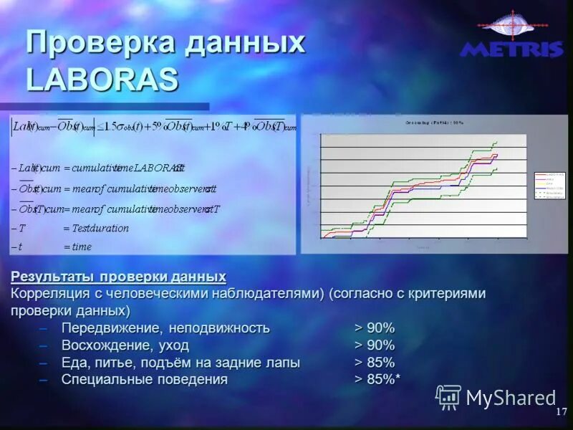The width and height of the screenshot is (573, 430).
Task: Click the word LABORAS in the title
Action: pyautogui.click(x=102, y=79)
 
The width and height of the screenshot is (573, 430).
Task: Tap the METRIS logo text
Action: pyautogui.click(x=511, y=49)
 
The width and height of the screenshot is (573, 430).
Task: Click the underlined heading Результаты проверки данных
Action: pyautogui.click(x=118, y=277)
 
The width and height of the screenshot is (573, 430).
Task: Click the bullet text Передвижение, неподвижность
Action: pyautogui.click(x=165, y=328)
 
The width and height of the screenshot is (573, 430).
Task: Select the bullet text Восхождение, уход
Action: pyautogui.click(x=125, y=345)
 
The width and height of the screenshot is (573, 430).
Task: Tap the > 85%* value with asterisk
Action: pyautogui.click(x=377, y=380)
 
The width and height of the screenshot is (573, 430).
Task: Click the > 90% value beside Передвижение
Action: pyautogui.click(x=375, y=328)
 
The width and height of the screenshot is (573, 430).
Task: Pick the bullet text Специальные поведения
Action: pyautogui.click(x=145, y=380)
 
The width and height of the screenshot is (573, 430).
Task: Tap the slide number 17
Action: pyautogui.click(x=561, y=412)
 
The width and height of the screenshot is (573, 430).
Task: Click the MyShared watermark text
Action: pyautogui.click(x=511, y=398)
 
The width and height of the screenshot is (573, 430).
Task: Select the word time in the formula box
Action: pyautogui.click(x=82, y=247)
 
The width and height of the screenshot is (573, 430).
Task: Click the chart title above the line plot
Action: pyautogui.click(x=435, y=123)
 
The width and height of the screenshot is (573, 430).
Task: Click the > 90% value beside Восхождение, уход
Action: pyautogui.click(x=375, y=345)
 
